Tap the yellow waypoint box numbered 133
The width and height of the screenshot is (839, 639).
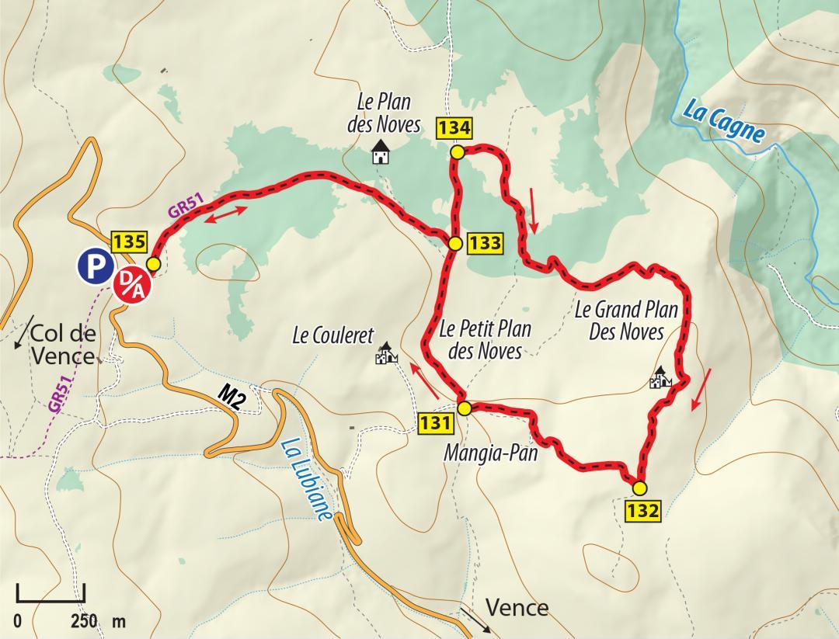coord(485,243)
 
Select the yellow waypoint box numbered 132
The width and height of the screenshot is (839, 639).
coord(643,512)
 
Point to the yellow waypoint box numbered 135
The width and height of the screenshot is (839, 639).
coord(129,241)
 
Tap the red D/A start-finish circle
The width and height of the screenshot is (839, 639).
coord(134,283)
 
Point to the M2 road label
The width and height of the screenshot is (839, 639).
coord(232,397)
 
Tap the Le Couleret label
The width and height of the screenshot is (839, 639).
coord(332,336)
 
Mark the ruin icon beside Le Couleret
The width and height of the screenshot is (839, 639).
coord(385,355)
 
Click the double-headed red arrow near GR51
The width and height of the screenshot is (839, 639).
coord(227,216)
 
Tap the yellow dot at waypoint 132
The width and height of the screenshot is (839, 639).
coord(639,488)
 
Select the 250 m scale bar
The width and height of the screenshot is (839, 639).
coord(50,594)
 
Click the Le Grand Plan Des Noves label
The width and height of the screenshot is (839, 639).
coord(626,321)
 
